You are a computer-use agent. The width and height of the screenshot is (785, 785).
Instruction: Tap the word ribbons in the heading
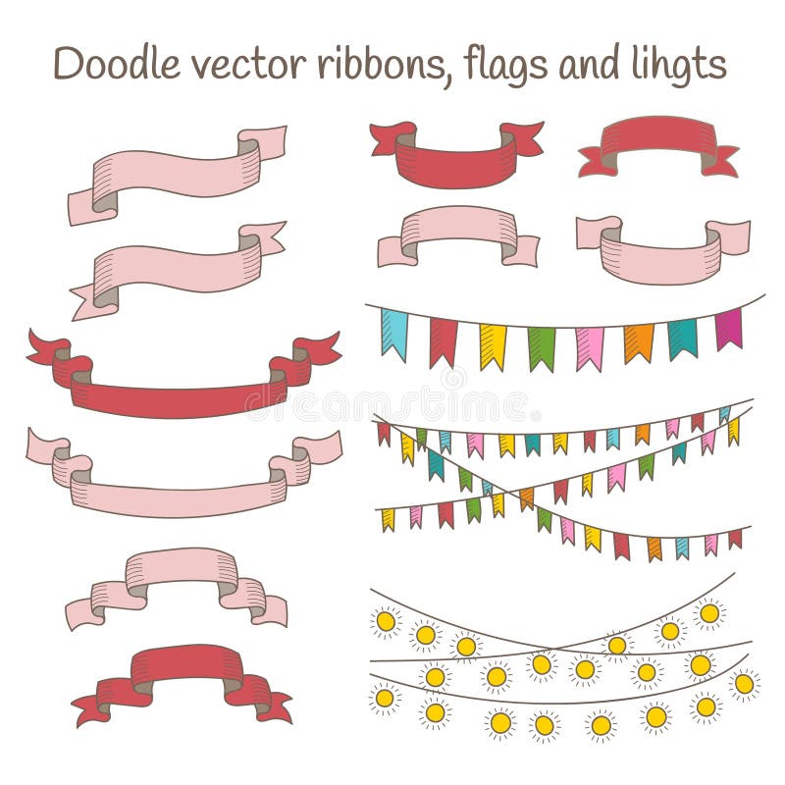coord(381,64)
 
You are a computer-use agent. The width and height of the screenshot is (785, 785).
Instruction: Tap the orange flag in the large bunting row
coord(638,342)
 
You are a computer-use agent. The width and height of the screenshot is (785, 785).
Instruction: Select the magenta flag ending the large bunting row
coord(728,328)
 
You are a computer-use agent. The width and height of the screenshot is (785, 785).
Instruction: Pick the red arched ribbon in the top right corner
coord(658,136)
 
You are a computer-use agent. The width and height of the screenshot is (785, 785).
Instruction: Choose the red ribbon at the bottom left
coord(185,668)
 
